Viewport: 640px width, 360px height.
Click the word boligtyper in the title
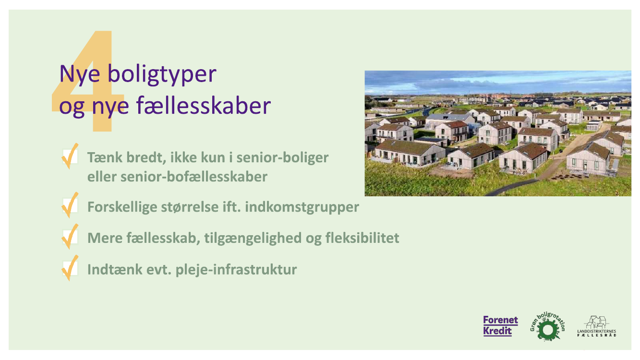tap(162, 75)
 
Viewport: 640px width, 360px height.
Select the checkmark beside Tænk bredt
tap(70, 156)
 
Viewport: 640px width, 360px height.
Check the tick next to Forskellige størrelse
tap(70, 205)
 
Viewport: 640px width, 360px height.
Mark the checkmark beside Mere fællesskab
tap(70, 237)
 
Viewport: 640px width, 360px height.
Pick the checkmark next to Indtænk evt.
tap(70, 268)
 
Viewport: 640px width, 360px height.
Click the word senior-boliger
tap(283, 158)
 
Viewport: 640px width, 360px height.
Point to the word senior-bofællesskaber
tap(194, 177)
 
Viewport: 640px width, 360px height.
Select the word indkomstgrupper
tap(302, 207)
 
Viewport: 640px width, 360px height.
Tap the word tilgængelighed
tap(253, 238)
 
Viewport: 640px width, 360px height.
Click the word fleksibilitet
tap(362, 238)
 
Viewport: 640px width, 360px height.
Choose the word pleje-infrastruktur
tap(236, 270)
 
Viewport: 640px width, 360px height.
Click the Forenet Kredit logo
tap(501, 326)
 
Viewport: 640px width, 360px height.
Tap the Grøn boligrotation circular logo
tap(548, 327)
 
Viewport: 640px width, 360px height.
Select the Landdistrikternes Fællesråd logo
tap(597, 326)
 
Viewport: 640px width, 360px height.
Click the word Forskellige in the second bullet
tap(122, 207)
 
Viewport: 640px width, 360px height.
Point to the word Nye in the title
tap(80, 75)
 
